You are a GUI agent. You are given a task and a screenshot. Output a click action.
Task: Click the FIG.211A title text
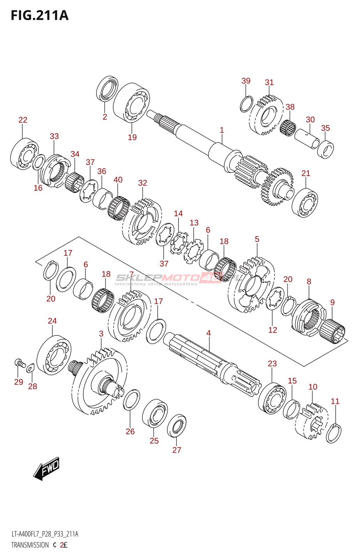39,16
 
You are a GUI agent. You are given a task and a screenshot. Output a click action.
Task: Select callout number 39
246,81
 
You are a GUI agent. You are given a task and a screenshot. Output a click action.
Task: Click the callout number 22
23,120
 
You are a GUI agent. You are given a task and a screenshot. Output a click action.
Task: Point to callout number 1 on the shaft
222,130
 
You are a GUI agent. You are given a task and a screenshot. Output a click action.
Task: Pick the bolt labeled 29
20,363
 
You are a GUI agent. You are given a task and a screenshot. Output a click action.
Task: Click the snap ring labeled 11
334,433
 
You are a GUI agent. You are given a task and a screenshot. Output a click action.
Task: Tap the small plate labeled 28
31,368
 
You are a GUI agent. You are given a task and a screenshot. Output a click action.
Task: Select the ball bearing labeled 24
54,355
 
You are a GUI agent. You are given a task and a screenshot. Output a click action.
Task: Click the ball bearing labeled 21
305,202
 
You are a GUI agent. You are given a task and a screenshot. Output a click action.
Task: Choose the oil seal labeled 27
177,425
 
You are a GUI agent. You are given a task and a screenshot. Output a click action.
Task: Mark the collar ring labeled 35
325,149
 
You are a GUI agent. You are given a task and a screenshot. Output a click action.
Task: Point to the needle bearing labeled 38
288,128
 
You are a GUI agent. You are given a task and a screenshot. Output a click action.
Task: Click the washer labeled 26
132,400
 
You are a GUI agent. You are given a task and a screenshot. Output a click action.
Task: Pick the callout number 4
209,333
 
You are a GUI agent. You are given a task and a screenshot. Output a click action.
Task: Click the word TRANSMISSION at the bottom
30,545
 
